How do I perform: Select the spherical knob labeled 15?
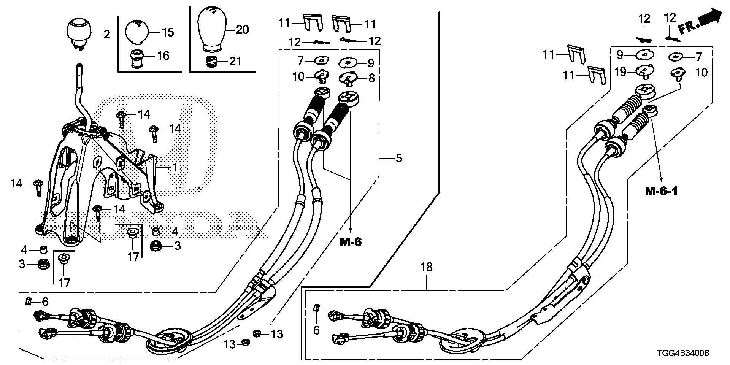point(137,32)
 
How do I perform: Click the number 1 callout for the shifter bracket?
point(175,167)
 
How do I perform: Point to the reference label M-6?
point(350,241)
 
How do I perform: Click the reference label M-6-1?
point(661,191)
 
